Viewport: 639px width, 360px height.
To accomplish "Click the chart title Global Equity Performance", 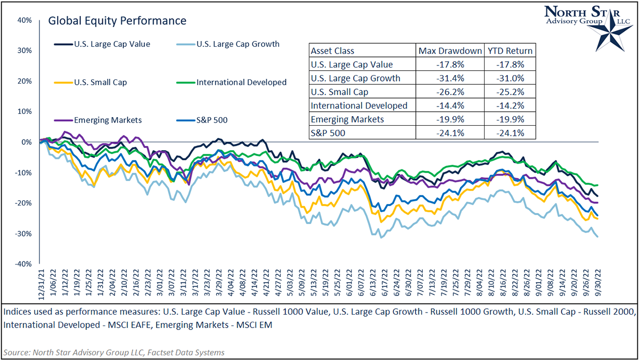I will tap(117, 21).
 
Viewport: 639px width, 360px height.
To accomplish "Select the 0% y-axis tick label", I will tap(28, 142).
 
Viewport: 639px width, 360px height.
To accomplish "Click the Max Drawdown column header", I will tap(449, 51).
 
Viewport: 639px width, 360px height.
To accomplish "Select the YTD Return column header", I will tap(510, 51).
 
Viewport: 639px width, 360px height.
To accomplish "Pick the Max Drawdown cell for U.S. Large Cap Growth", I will tap(449, 78).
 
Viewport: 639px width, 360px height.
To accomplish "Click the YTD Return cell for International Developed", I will tap(510, 105).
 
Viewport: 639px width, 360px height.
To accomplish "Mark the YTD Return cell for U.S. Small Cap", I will tap(510, 92).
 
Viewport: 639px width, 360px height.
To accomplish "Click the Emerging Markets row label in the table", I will tap(347, 119).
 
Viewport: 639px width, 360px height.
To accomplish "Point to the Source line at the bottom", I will tap(114, 352).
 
